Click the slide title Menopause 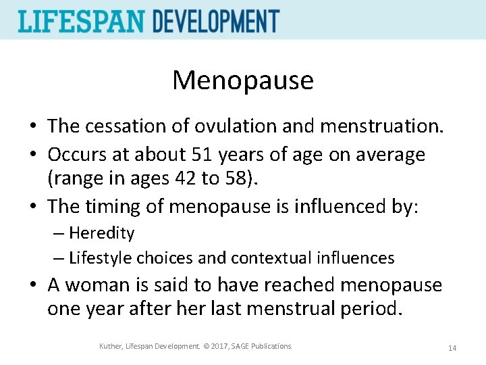(243, 80)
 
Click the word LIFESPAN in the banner (80, 21)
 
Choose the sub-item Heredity (101, 233)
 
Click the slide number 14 (452, 348)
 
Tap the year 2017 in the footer (217, 346)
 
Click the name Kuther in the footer (111, 346)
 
